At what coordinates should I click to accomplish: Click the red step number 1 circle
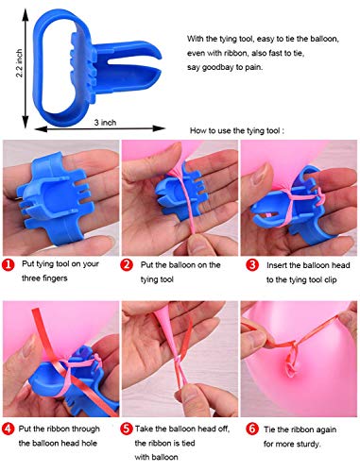(9, 264)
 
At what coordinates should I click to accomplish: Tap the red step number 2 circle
(127, 264)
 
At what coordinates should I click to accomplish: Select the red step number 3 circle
(252, 265)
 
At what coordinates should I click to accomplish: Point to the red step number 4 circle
(9, 429)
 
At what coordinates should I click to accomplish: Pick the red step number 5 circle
(127, 429)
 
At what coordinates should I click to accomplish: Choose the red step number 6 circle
(252, 430)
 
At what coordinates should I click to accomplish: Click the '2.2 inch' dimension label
(20, 63)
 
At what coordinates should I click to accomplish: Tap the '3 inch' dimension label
(105, 123)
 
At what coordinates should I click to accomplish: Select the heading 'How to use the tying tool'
(237, 130)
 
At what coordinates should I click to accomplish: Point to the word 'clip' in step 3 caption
(331, 279)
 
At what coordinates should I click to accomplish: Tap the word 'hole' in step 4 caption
(89, 443)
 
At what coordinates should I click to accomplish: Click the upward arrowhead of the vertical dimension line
(26, 13)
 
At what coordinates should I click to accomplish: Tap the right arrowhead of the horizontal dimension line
(160, 128)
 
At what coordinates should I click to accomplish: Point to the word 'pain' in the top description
(254, 67)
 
